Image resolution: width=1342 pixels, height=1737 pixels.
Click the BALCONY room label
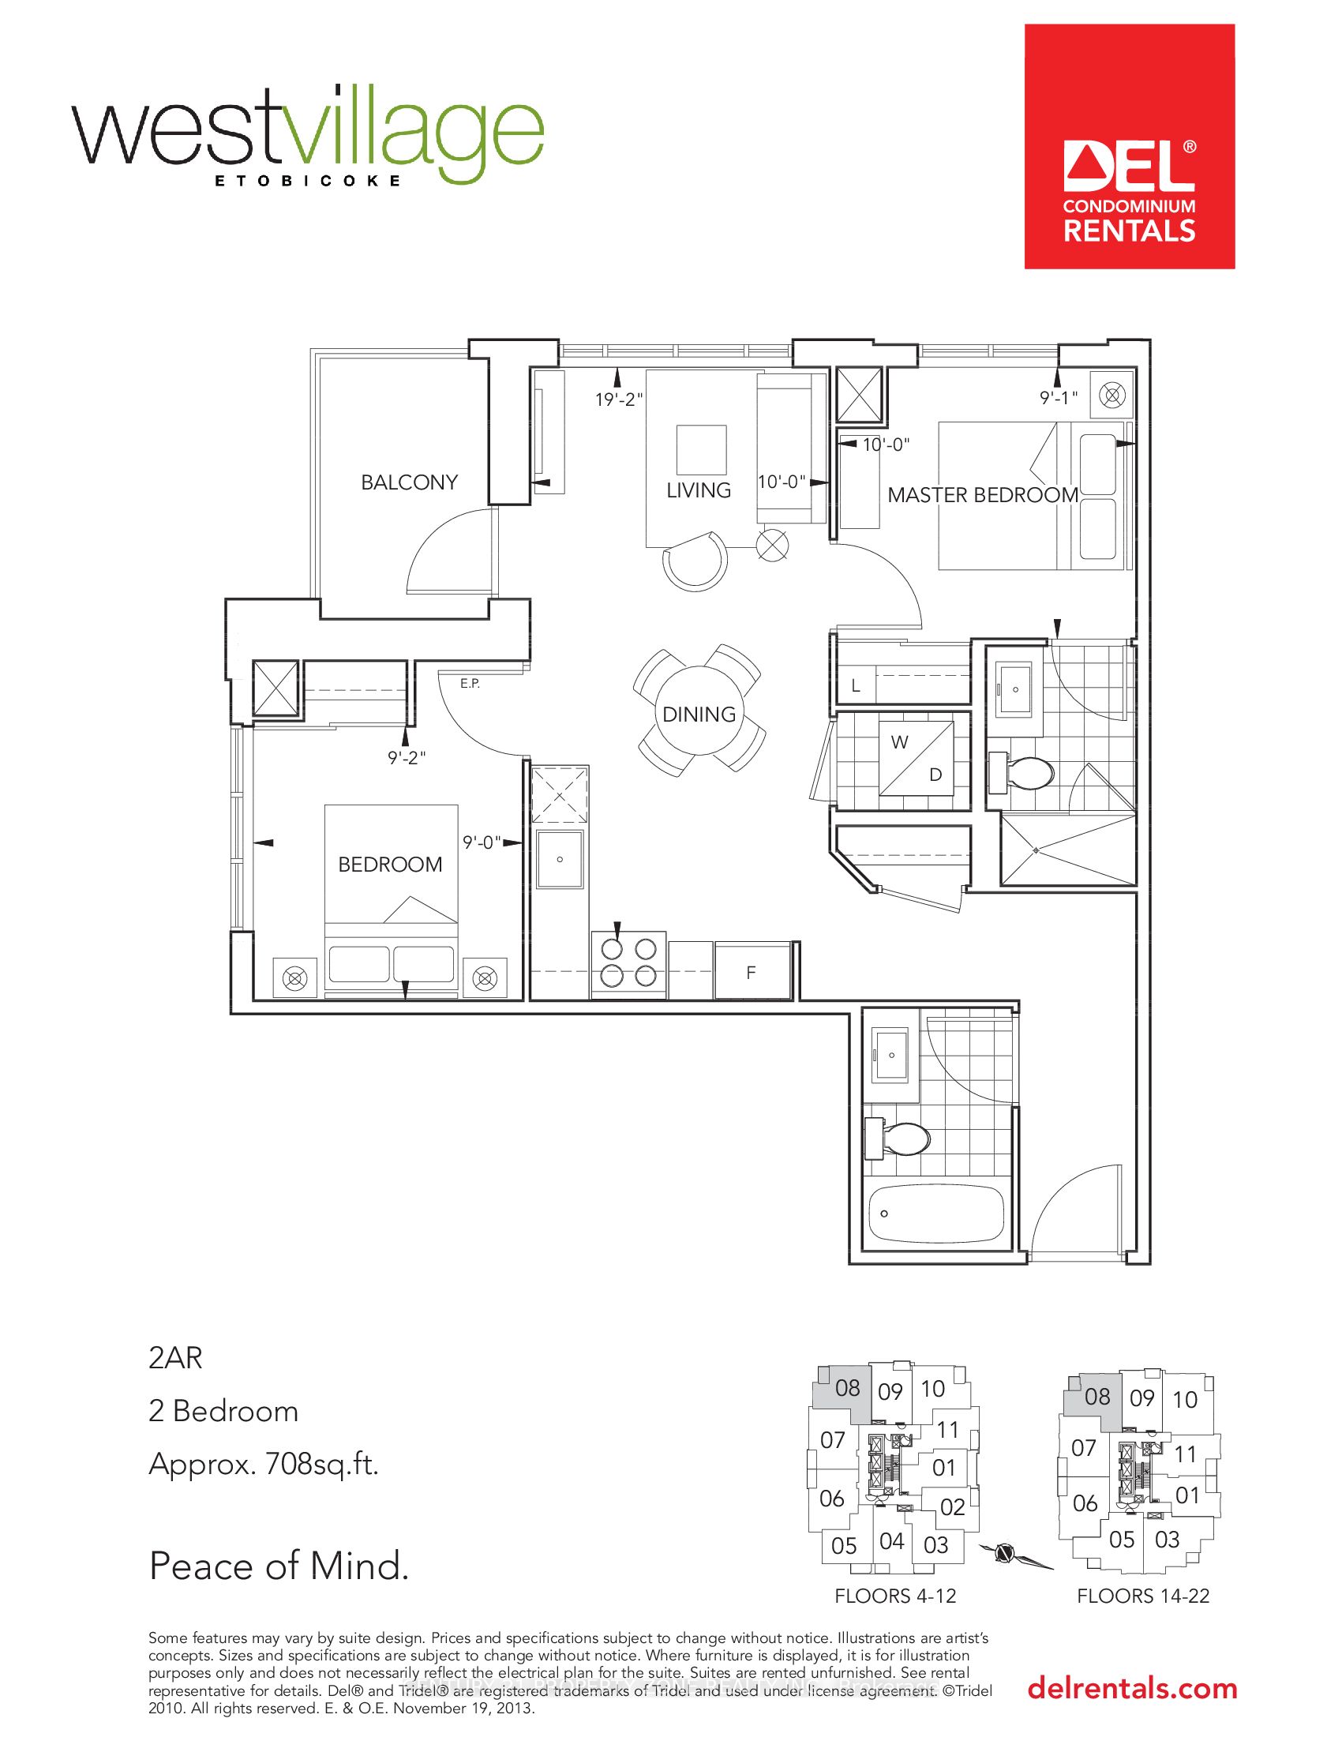tap(409, 482)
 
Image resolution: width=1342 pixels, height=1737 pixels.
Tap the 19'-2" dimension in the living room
tap(619, 400)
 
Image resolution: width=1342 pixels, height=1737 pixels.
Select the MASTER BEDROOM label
tap(983, 495)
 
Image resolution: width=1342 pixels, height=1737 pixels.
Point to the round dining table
tap(699, 714)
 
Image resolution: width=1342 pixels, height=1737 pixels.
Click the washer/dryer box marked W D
tap(916, 758)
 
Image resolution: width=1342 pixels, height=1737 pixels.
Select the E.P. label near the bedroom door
tap(470, 683)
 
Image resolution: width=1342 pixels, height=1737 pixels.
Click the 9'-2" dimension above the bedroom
tap(407, 758)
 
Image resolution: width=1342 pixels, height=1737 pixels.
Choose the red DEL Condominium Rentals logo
tap(1129, 146)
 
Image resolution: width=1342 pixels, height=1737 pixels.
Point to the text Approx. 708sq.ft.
tap(262, 1464)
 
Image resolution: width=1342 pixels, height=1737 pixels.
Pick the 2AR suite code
tap(176, 1358)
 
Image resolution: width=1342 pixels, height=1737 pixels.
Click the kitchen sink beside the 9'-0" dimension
tap(560, 860)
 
